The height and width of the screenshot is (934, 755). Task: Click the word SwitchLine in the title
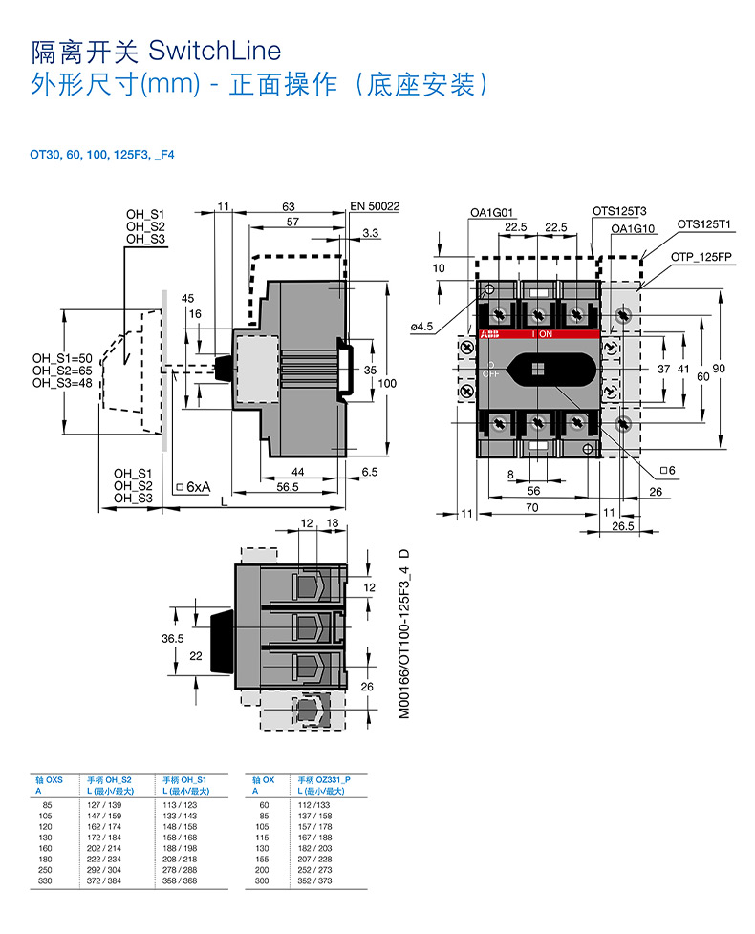215,50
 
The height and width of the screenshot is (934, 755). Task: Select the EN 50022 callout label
375,206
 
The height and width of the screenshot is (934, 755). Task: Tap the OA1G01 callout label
492,212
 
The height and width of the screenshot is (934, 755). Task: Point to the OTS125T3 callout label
619,212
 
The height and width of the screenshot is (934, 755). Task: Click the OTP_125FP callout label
701,257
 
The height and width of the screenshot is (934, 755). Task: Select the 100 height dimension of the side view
386,383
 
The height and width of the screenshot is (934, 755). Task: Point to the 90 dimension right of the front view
720,369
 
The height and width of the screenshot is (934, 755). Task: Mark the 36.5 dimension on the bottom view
172,639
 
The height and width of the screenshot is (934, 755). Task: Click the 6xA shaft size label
197,486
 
